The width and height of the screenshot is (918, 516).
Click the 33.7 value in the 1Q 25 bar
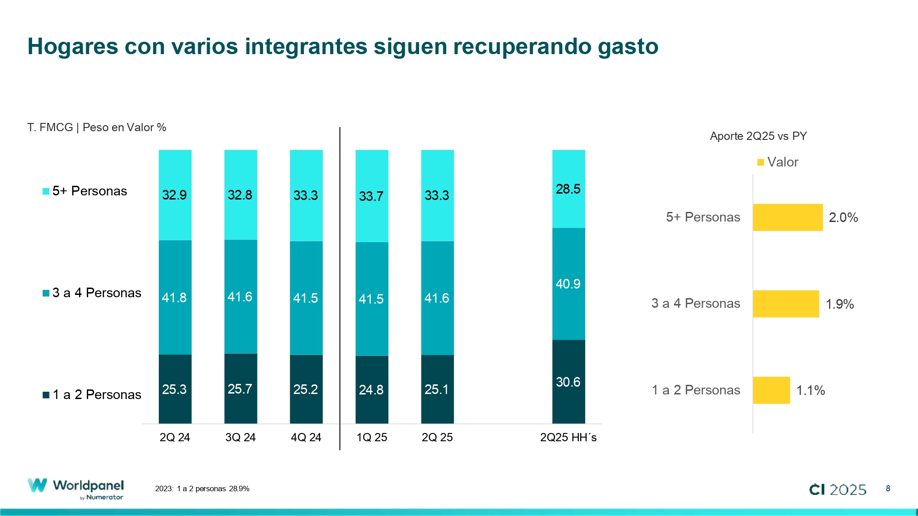point(371,196)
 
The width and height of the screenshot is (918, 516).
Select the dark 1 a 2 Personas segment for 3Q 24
point(241,388)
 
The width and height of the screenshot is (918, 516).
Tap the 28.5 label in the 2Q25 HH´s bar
point(568,189)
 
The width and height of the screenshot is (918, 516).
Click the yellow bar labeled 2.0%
point(788,217)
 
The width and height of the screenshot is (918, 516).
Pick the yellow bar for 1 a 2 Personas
point(771,390)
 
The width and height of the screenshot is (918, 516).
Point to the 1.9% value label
point(840,304)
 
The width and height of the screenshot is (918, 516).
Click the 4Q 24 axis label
point(306,437)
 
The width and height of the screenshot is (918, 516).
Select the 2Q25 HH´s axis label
point(568,437)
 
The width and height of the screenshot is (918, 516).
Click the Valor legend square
point(761,162)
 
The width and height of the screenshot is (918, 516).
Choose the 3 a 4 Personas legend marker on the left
point(46,293)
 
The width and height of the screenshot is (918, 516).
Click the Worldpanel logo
point(76,489)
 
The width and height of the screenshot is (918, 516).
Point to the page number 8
point(888,488)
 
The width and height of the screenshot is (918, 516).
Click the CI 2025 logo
point(838,489)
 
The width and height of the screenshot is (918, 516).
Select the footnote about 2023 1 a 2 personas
point(202,489)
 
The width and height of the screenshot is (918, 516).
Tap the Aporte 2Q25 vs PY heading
point(758,136)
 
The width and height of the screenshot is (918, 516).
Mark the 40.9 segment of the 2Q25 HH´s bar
point(568,284)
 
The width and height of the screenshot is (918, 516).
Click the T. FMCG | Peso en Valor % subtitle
point(96,128)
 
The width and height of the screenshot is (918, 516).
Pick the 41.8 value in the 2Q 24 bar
point(174,298)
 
